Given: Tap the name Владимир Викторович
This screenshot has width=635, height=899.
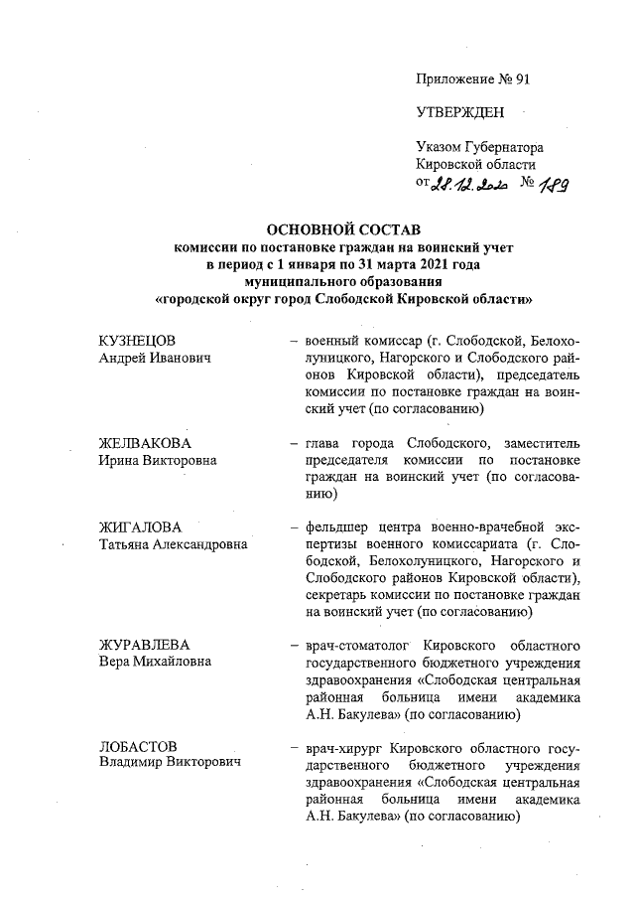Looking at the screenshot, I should [x=169, y=763].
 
